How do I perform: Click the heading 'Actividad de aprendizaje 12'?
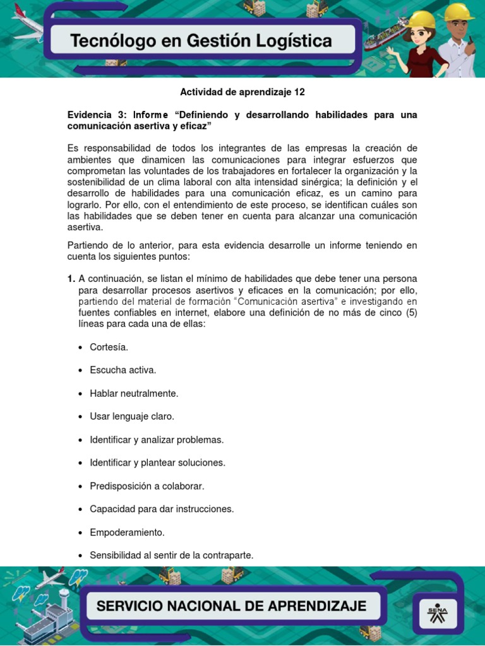[242, 92]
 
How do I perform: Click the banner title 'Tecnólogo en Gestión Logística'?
[201, 42]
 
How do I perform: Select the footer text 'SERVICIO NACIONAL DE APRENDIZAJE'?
[231, 606]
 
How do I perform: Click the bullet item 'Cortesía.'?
[109, 347]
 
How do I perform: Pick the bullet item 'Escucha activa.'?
[123, 370]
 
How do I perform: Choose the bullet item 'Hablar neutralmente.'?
[134, 393]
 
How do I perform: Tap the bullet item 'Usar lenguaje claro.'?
[131, 416]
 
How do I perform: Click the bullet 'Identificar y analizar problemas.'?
[157, 439]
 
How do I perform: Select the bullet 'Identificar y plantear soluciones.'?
[157, 462]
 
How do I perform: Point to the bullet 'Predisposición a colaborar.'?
[147, 486]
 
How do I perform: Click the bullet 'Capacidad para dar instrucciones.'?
[162, 508]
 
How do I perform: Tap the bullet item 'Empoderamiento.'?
[127, 532]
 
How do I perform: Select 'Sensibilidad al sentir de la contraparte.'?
[171, 555]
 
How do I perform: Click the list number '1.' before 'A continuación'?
[71, 278]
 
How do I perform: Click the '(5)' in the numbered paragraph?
[409, 312]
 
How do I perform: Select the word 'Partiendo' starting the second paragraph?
[88, 245]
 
